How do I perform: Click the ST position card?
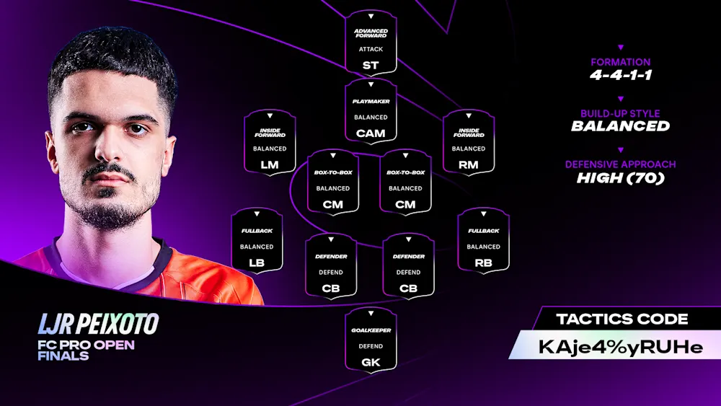coord(371,43)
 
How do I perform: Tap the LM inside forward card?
coord(270,142)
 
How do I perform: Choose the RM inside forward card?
coord(469,142)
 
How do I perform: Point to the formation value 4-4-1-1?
coord(620,74)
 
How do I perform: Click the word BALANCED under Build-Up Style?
coord(620,126)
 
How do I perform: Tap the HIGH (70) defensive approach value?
coord(620,177)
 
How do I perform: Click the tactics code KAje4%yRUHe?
coord(620,346)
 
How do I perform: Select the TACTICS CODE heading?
coord(622,319)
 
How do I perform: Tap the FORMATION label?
coord(620,62)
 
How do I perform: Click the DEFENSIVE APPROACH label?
coord(620,164)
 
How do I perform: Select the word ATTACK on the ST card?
coord(371,49)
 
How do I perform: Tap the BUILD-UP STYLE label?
coord(620,113)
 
